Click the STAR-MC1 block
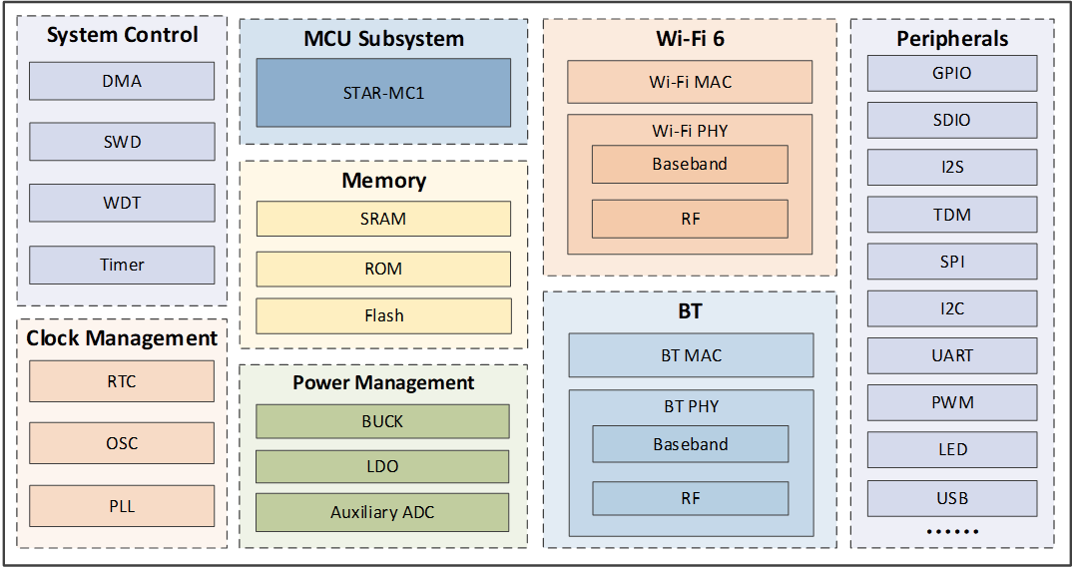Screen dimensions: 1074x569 383,93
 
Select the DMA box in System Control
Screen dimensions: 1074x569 122,81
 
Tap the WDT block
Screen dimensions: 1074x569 122,203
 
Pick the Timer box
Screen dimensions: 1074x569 122,265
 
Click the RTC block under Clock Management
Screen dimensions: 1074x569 122,381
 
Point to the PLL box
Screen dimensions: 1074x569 122,506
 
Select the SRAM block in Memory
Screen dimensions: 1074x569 383,219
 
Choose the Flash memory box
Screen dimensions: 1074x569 383,315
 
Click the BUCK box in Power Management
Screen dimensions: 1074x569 383,421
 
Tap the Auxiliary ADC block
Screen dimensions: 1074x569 383,512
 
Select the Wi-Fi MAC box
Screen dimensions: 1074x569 690,82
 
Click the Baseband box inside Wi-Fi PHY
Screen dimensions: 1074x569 690,165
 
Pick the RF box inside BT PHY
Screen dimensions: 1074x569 691,498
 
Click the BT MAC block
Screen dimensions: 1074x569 691,355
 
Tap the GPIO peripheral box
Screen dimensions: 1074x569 952,73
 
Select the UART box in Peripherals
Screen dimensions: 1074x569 952,355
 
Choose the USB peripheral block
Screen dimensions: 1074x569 952,498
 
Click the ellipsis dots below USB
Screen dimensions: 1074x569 952,531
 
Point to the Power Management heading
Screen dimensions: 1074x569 383,382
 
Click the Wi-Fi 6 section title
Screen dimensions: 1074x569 690,39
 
